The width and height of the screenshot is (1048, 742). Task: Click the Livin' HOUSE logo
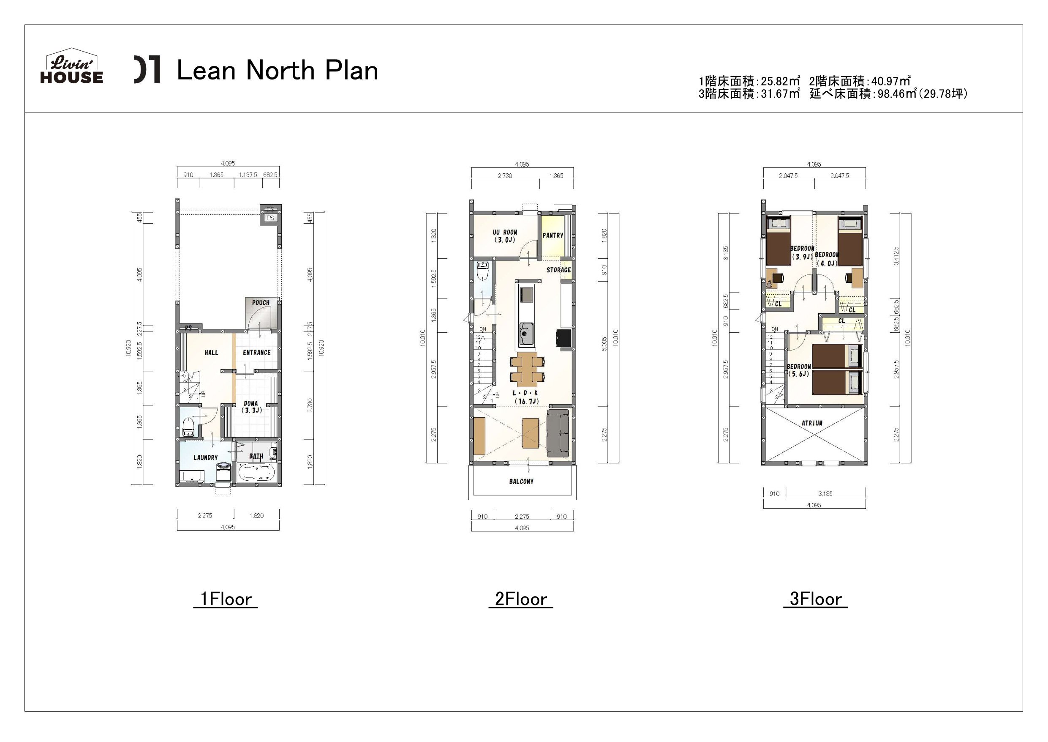pyautogui.click(x=72, y=68)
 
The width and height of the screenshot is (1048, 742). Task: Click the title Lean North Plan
pyautogui.click(x=277, y=71)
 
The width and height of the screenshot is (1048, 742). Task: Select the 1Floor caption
pyautogui.click(x=226, y=599)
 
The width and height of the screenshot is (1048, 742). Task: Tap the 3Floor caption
pyautogui.click(x=815, y=599)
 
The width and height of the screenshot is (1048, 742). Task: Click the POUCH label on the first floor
pyautogui.click(x=261, y=302)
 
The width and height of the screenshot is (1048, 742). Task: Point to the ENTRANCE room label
pyautogui.click(x=256, y=352)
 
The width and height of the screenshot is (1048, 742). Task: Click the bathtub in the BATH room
pyautogui.click(x=256, y=472)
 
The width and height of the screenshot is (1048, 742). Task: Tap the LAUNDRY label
pyautogui.click(x=205, y=457)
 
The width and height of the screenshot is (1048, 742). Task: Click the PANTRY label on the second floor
pyautogui.click(x=553, y=235)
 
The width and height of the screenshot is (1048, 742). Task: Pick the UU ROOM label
pyautogui.click(x=505, y=236)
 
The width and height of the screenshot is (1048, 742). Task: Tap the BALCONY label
pyautogui.click(x=521, y=481)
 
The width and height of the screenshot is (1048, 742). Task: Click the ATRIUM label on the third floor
pyautogui.click(x=812, y=423)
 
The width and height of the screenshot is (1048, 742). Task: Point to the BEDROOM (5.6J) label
pyautogui.click(x=798, y=370)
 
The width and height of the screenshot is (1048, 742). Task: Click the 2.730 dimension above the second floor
pyautogui.click(x=505, y=175)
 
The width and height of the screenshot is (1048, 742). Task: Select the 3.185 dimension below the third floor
pyautogui.click(x=825, y=493)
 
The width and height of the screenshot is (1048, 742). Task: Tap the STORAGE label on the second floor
pyautogui.click(x=559, y=270)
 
